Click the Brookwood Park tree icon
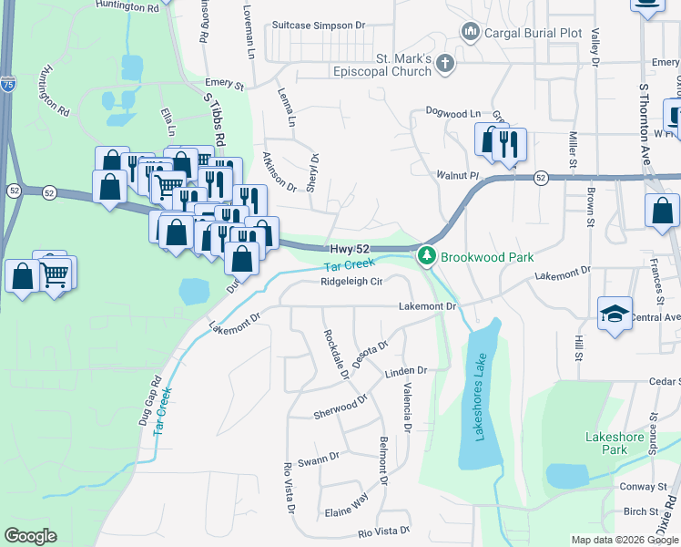click(x=426, y=257)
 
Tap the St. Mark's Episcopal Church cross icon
click(x=444, y=63)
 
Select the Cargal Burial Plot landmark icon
click(x=471, y=33)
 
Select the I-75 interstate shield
click(x=6, y=83)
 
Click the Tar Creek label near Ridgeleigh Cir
click(x=351, y=265)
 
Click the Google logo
click(x=30, y=536)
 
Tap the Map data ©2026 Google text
click(x=624, y=540)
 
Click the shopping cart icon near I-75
click(x=55, y=272)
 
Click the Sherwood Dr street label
click(x=340, y=406)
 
